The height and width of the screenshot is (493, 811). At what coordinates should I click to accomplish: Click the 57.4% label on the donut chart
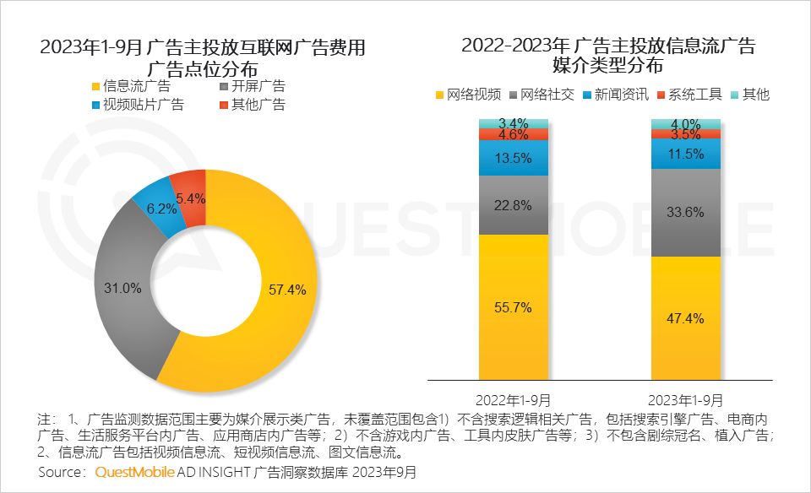pos(286,290)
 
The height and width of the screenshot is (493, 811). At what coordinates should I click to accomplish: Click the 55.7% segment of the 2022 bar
pos(513,307)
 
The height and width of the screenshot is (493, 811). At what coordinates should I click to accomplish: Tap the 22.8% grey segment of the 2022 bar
pos(513,205)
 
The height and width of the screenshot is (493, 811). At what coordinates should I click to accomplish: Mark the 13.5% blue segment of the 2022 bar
pos(513,158)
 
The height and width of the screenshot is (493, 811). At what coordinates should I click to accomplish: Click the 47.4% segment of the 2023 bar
pos(685,319)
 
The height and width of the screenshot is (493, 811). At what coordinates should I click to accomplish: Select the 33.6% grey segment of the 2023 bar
pos(685,213)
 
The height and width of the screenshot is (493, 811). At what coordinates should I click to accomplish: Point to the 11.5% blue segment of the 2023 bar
pos(685,154)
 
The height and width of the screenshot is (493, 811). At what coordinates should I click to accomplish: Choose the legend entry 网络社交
pos(545,95)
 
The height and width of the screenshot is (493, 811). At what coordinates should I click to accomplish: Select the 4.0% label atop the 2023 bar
pos(685,124)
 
